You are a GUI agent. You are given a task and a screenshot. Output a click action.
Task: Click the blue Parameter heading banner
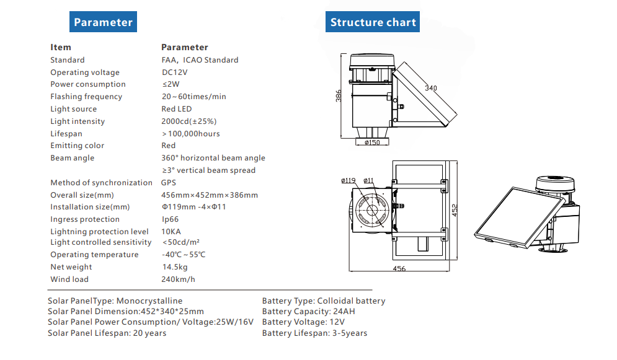103,22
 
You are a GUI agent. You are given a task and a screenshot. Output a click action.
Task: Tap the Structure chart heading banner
373,22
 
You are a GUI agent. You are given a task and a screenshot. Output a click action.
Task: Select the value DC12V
175,72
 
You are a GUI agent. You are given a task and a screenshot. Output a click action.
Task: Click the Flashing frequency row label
86,97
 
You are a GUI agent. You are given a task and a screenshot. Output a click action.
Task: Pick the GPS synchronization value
169,183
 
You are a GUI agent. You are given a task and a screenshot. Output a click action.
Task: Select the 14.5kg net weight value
175,267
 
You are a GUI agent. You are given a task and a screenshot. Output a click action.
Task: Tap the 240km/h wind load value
178,279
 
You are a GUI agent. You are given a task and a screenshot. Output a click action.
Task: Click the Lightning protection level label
99,232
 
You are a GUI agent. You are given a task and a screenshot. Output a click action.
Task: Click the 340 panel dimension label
430,88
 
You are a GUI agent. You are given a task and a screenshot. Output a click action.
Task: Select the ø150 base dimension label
372,143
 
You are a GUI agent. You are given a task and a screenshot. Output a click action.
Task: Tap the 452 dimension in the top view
455,209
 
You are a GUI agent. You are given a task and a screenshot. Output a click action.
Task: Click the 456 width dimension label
399,268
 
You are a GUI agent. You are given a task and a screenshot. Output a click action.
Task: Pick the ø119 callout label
348,181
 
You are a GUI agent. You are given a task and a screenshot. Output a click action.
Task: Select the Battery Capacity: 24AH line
309,312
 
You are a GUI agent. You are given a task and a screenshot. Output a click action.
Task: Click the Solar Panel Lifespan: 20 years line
107,333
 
